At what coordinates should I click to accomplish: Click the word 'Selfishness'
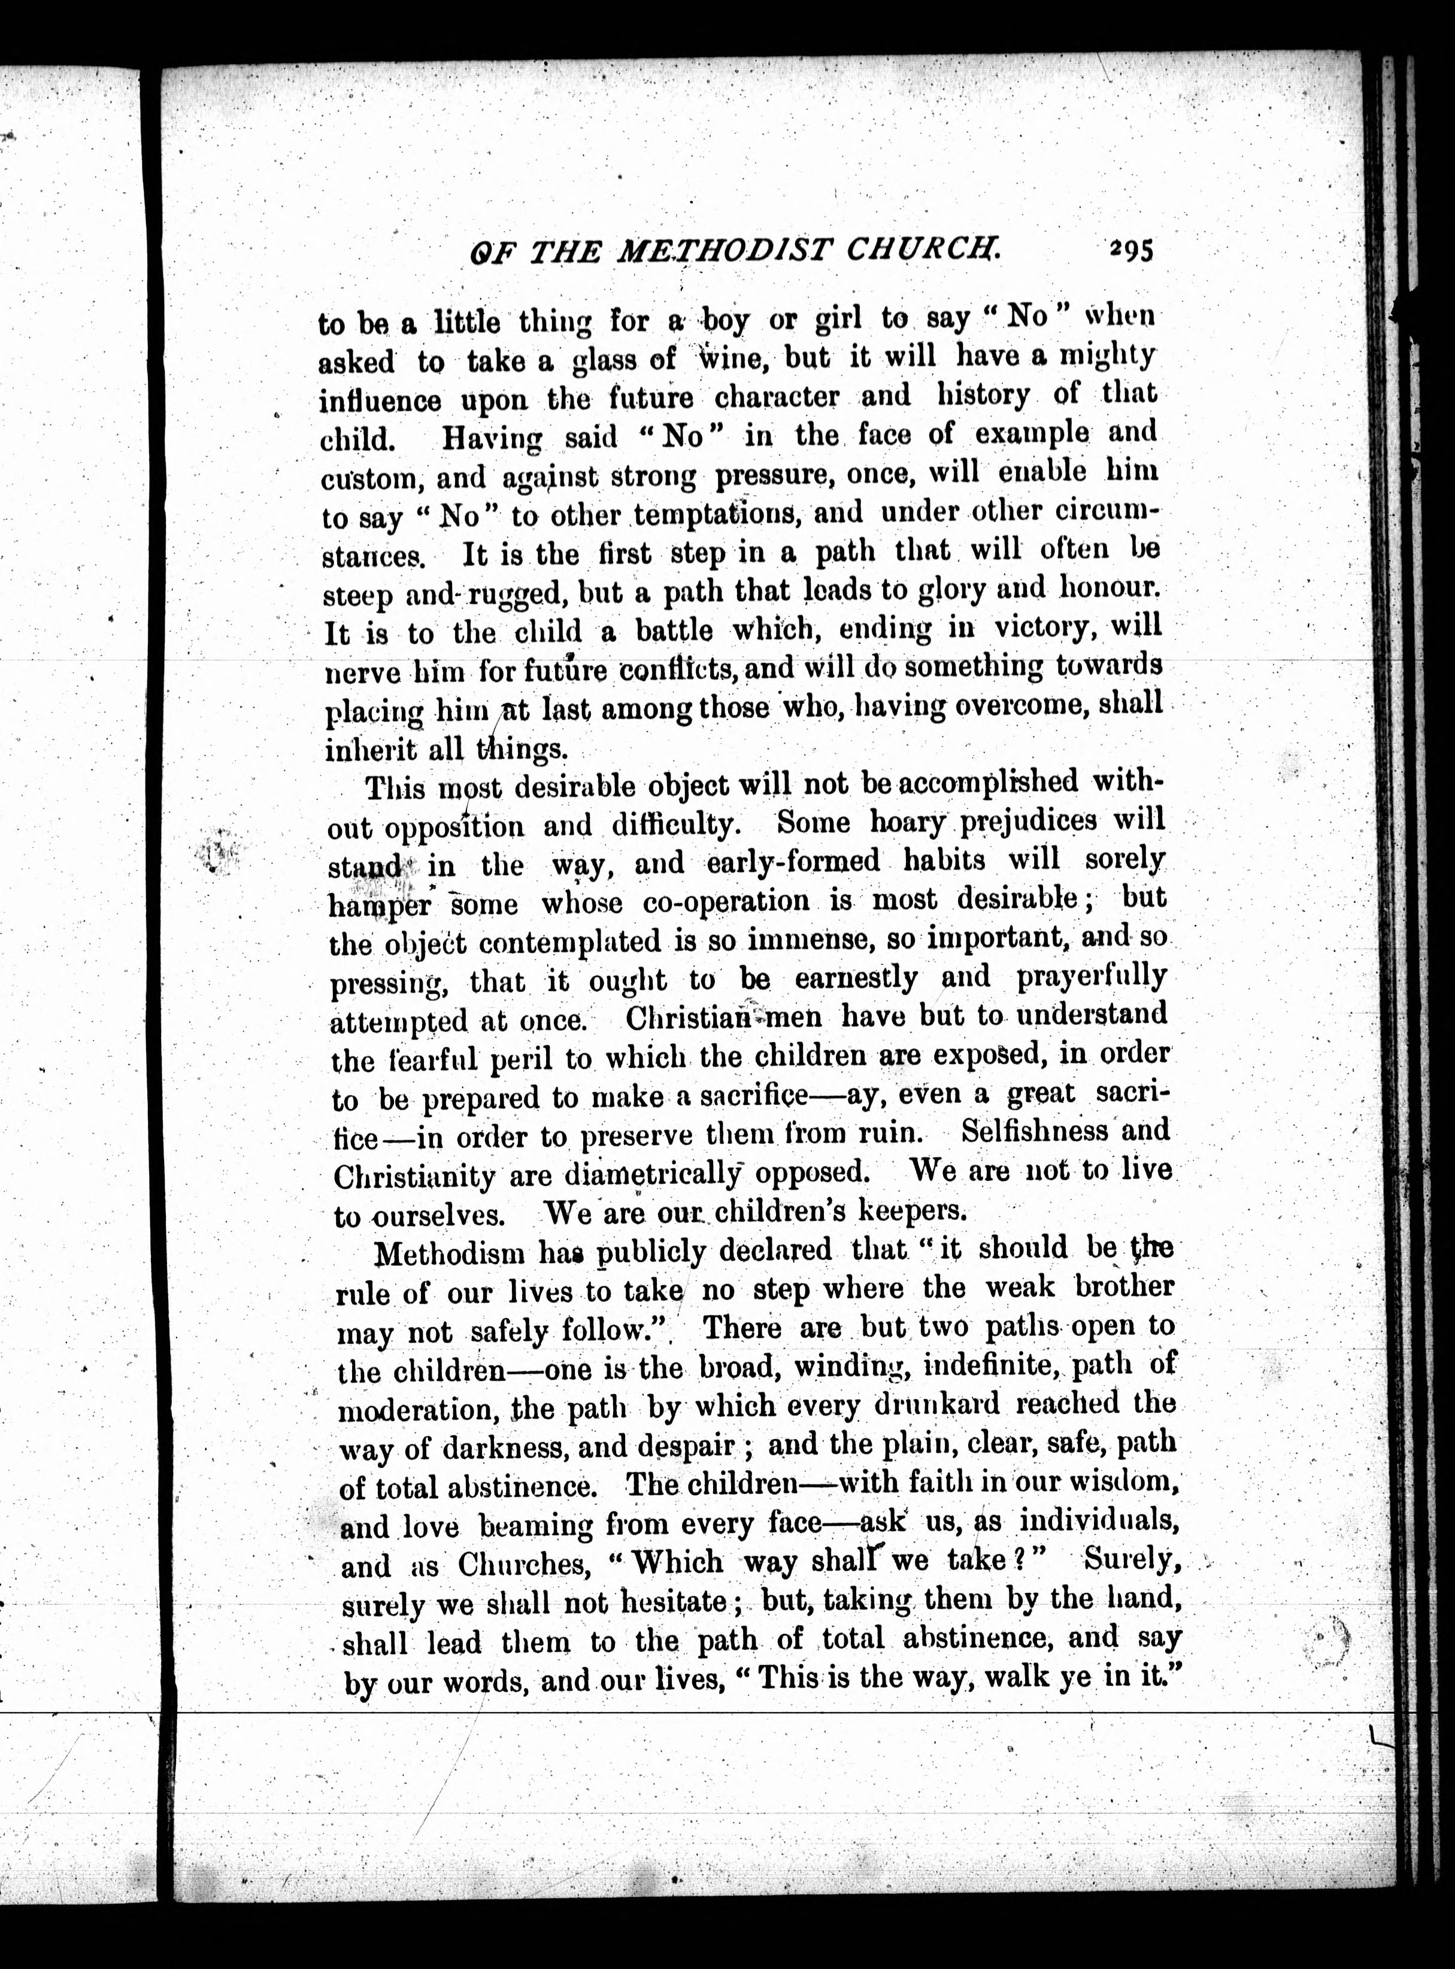pos(1034,1131)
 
